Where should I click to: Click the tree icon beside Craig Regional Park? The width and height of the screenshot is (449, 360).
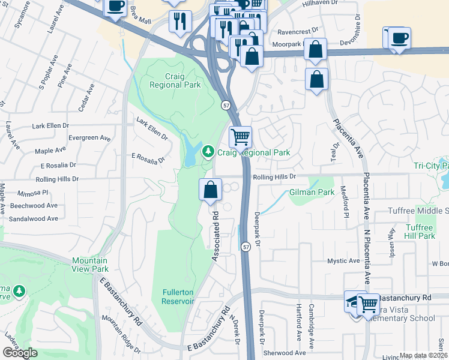point(208,152)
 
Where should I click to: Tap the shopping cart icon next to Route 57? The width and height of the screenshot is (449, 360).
point(240,137)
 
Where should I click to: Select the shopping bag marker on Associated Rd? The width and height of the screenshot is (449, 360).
point(211,190)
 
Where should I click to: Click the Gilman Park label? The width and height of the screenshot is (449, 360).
point(311,193)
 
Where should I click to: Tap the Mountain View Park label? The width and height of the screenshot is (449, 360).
point(89,265)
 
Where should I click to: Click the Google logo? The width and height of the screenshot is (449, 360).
point(20,353)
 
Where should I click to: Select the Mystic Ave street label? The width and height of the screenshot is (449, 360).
point(343,261)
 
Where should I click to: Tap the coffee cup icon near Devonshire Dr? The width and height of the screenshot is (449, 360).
point(399,38)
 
